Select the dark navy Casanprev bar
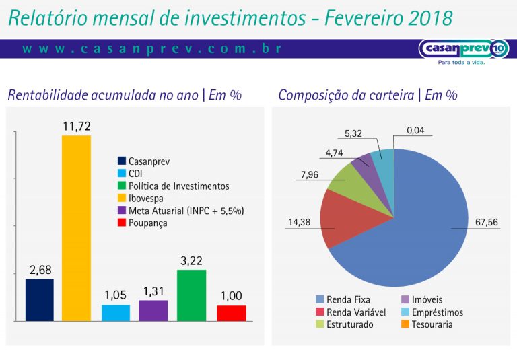pyautogui.click(x=39, y=299)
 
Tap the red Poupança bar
pyautogui.click(x=231, y=313)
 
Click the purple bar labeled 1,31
pyautogui.click(x=153, y=310)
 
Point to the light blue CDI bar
pyautogui.click(x=116, y=312)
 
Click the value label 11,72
pyautogui.click(x=76, y=126)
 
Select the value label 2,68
pyautogui.click(x=40, y=270)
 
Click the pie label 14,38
pyautogui.click(x=300, y=221)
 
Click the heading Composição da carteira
pyautogui.click(x=368, y=95)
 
